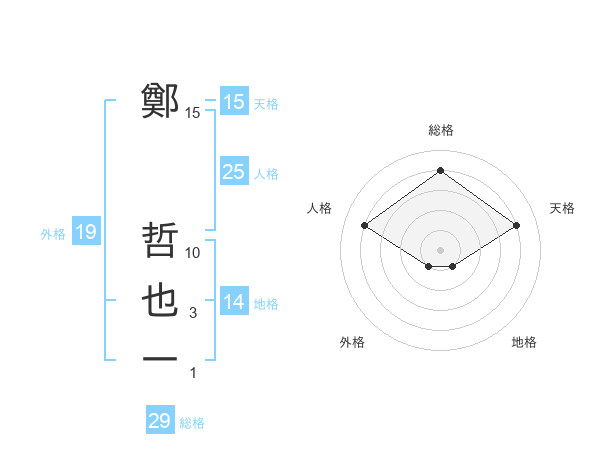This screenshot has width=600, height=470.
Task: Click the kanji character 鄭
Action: click(160, 101)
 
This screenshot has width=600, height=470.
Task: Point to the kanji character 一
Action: click(160, 358)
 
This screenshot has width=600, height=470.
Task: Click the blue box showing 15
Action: click(234, 101)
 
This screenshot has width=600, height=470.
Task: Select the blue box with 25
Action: click(234, 172)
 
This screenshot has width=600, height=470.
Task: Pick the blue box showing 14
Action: click(234, 301)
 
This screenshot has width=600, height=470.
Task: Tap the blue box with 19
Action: click(86, 233)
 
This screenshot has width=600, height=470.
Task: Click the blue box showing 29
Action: click(160, 421)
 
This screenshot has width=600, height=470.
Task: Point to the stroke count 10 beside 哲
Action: click(193, 254)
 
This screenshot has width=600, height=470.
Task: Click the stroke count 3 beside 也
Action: click(193, 314)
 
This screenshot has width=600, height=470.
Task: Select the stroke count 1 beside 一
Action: click(193, 373)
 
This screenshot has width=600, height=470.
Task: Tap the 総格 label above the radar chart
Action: click(440, 130)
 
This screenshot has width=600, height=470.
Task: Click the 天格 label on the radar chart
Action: click(562, 208)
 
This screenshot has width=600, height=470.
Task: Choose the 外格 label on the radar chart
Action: click(352, 342)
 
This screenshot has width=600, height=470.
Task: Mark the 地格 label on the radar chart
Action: click(524, 342)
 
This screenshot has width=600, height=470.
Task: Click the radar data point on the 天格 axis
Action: click(517, 226)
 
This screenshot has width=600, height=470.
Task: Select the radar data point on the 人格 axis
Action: click(365, 226)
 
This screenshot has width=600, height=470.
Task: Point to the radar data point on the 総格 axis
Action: click(440, 170)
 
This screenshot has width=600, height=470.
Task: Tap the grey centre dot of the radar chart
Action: click(440, 249)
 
